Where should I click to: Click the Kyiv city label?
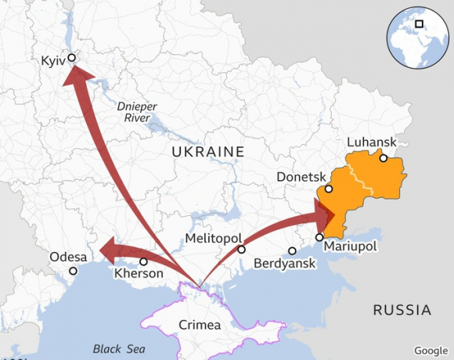tap(52, 60)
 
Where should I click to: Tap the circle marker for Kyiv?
tap(71, 57)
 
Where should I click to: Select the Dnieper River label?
tap(134, 111)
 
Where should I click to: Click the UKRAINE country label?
tap(208, 151)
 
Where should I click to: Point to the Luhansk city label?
tap(371, 142)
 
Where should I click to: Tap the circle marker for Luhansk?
tap(383, 158)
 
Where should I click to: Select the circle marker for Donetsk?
tap(329, 189)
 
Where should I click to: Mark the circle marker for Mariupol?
tap(319, 237)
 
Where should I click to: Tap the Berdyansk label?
tap(285, 264)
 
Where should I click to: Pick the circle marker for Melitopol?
tap(241, 250)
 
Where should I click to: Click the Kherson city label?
tap(139, 274)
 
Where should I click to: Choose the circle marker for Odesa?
tap(73, 271)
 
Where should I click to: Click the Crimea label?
tap(200, 325)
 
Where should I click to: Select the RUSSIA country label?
tap(402, 309)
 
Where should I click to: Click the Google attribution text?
tap(431, 350)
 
